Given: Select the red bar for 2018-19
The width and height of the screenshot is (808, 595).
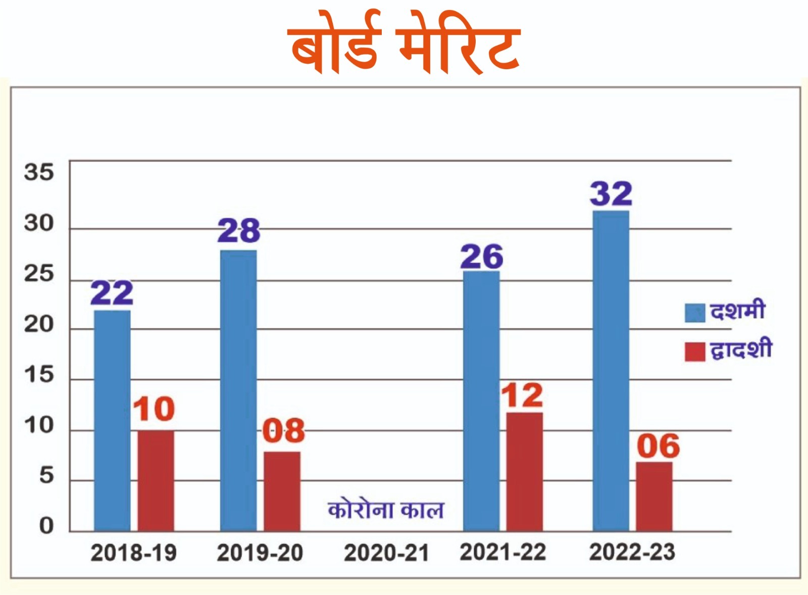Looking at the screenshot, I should pyautogui.click(x=156, y=480).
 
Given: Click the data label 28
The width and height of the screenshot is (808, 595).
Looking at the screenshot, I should pyautogui.click(x=238, y=231).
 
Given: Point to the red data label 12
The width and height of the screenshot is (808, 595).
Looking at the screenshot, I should pyautogui.click(x=522, y=395).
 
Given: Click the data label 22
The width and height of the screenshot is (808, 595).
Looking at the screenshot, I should pyautogui.click(x=112, y=293).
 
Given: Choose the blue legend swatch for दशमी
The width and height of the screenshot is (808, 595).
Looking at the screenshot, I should pyautogui.click(x=694, y=313).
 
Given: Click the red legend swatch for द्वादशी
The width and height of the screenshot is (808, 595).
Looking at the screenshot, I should pyautogui.click(x=694, y=352).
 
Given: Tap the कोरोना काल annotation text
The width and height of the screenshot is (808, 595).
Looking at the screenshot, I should pyautogui.click(x=386, y=510).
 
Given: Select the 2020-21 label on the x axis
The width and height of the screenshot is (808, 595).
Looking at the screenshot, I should pyautogui.click(x=386, y=553).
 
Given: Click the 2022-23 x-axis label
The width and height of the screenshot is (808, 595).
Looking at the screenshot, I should pyautogui.click(x=632, y=552).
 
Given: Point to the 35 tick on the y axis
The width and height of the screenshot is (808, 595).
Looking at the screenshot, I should pyautogui.click(x=38, y=172).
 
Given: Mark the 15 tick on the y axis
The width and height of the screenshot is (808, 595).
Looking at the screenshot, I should pyautogui.click(x=38, y=375).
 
